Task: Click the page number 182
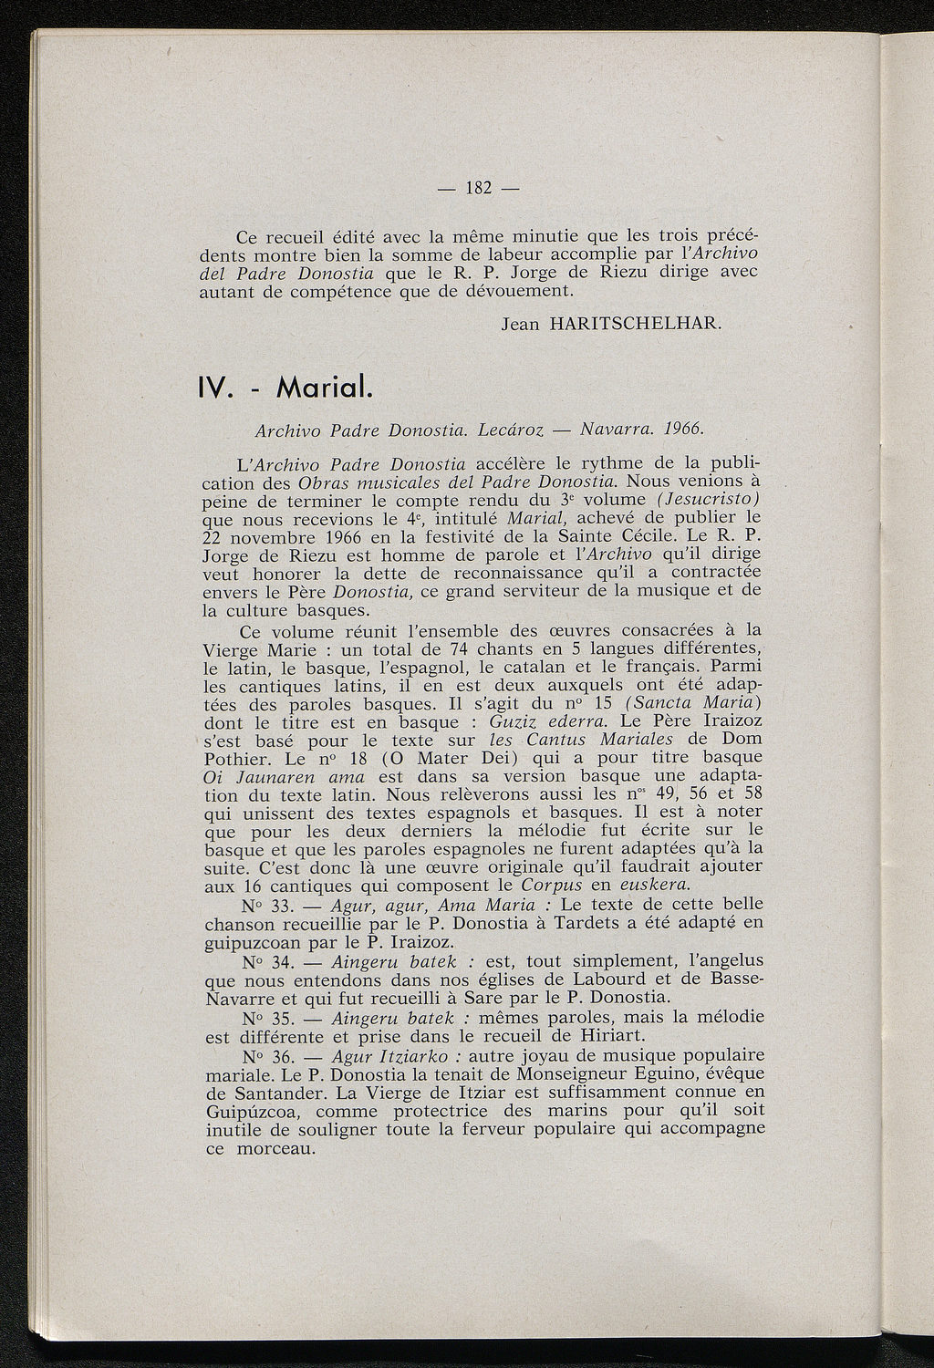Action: point(479,189)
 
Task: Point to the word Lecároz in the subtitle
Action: point(513,428)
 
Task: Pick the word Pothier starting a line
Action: point(233,758)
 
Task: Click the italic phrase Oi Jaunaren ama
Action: point(284,776)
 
